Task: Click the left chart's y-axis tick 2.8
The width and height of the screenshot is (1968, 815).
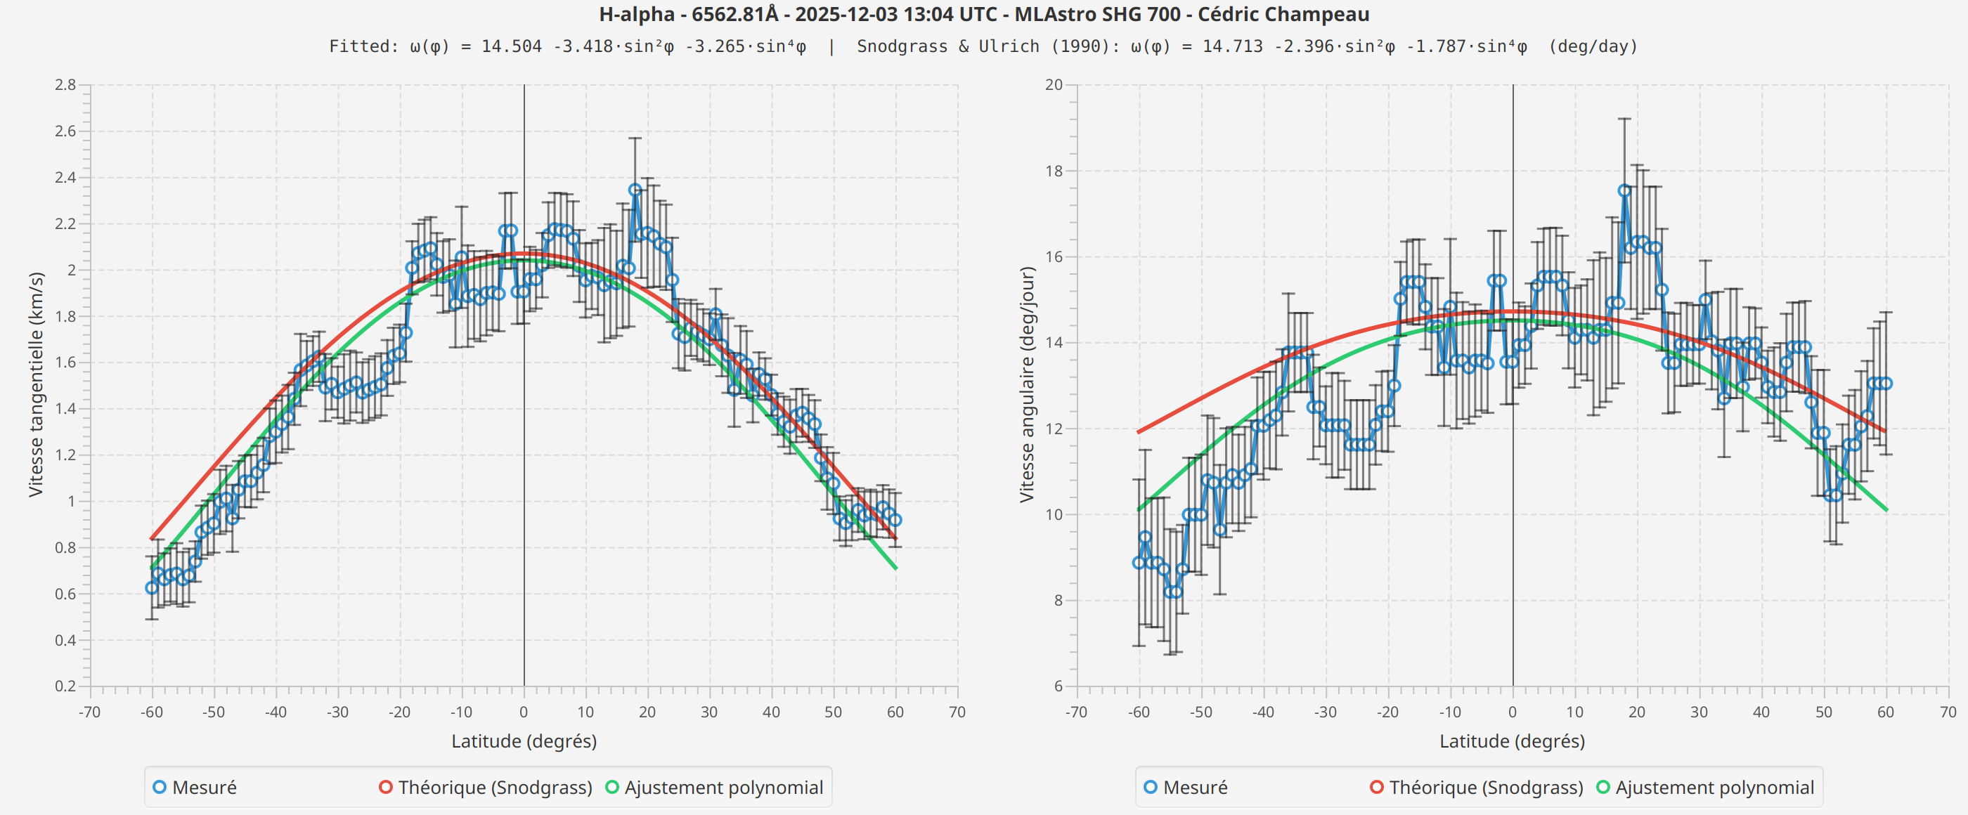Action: coord(65,85)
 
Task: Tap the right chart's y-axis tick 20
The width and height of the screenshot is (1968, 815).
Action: coord(1054,85)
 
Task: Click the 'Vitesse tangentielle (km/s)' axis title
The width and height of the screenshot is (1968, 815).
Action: coord(35,384)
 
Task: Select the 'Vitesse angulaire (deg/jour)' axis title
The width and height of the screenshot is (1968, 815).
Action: coord(1026,384)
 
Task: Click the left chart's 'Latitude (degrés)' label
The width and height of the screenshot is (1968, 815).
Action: coord(524,741)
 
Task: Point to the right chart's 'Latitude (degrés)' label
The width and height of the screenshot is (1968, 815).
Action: coord(1512,741)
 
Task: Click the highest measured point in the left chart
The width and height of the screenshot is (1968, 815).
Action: coord(635,190)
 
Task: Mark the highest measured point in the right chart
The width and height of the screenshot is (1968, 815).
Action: coord(1624,191)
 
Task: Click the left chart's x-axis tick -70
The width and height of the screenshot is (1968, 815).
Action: coord(89,712)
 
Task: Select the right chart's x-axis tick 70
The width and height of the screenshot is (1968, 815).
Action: coord(1948,712)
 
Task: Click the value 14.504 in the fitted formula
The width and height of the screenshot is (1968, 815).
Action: coord(511,46)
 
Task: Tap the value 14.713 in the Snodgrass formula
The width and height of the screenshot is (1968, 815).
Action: coord(1232,46)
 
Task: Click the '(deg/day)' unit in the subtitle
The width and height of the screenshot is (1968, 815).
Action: coord(1593,46)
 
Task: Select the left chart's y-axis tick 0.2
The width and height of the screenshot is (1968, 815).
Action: coord(65,686)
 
